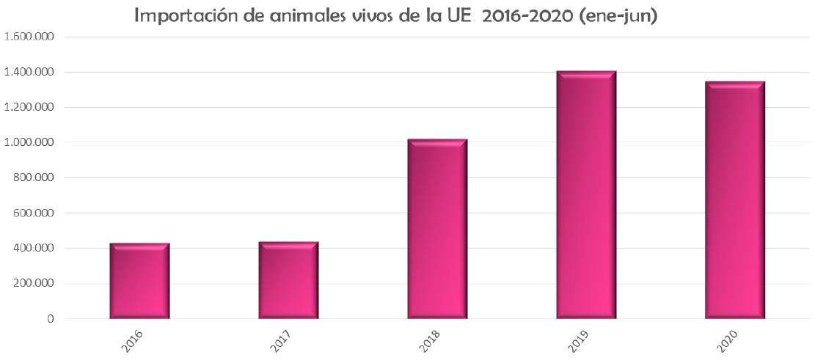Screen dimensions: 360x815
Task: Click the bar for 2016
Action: coord(139,281)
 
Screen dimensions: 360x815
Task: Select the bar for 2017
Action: coord(288,280)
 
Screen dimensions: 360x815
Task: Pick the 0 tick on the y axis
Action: coord(51,319)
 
